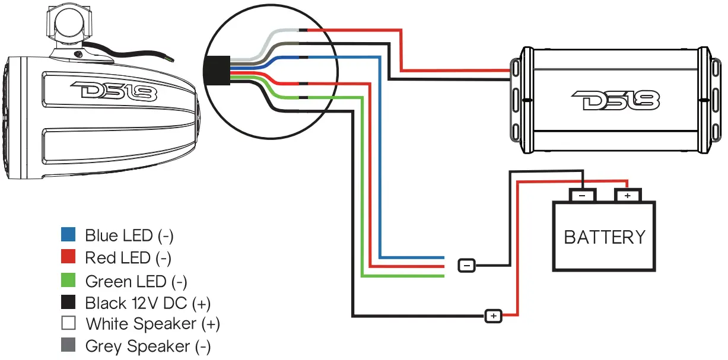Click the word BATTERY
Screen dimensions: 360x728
click(x=604, y=237)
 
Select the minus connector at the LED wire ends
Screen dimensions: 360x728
click(x=467, y=265)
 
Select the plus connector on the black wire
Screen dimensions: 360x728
click(x=494, y=316)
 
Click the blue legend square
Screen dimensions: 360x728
click(x=68, y=235)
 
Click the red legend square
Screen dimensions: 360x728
click(x=68, y=257)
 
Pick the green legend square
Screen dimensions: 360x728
click(x=68, y=280)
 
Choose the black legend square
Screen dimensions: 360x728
click(x=68, y=302)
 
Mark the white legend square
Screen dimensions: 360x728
click(x=68, y=324)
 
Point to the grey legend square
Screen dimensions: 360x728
click(x=68, y=346)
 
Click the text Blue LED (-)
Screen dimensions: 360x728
click(x=129, y=235)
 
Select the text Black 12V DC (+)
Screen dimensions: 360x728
click(x=147, y=303)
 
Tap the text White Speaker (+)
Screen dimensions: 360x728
click(x=152, y=324)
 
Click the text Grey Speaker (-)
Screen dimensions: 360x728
click(x=148, y=346)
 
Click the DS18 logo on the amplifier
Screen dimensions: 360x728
click(x=615, y=101)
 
